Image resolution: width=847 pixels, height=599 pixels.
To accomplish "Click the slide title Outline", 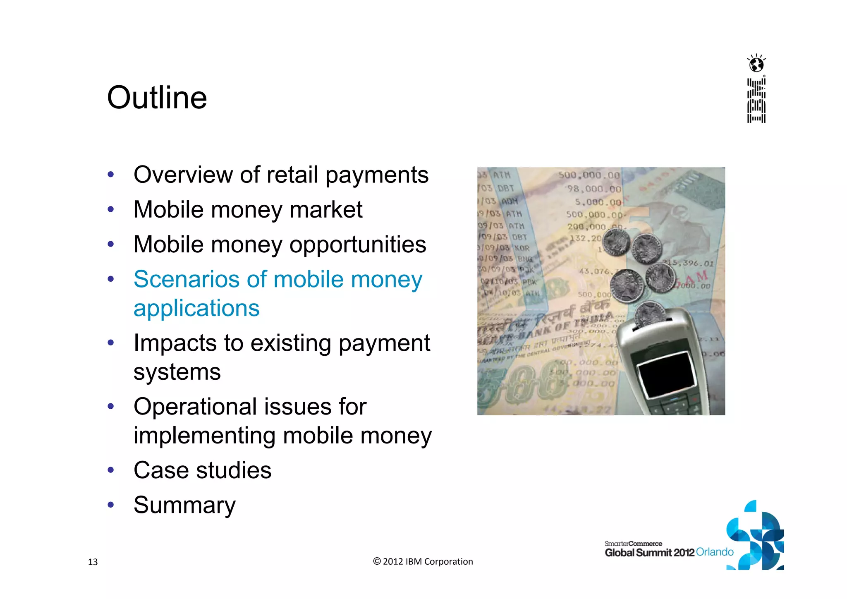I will (x=157, y=98).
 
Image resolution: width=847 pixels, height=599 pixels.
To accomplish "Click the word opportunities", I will (x=358, y=244).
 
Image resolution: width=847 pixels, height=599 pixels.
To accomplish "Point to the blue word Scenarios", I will (x=187, y=279).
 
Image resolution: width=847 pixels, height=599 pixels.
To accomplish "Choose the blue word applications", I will (x=196, y=308).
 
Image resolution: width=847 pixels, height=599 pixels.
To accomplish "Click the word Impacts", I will (x=175, y=343).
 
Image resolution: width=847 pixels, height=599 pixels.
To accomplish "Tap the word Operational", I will (x=196, y=407).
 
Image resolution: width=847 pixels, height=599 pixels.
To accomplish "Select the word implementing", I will (x=204, y=436).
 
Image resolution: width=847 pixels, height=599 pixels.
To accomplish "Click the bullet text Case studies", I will (x=202, y=470).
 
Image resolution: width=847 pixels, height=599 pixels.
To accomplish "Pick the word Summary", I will (x=184, y=505).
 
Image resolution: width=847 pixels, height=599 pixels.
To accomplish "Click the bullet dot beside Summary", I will (x=110, y=505).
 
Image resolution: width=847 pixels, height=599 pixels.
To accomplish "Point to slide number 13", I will (x=93, y=562).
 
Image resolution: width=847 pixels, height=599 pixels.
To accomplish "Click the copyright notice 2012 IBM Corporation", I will (x=423, y=561).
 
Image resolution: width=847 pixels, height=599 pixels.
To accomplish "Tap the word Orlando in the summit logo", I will (x=715, y=552).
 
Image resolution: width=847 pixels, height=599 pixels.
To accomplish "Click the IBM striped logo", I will (x=756, y=101).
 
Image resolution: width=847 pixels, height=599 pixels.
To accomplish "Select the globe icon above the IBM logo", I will (x=756, y=64).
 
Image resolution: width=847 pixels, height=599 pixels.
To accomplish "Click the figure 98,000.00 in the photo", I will (x=594, y=189).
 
